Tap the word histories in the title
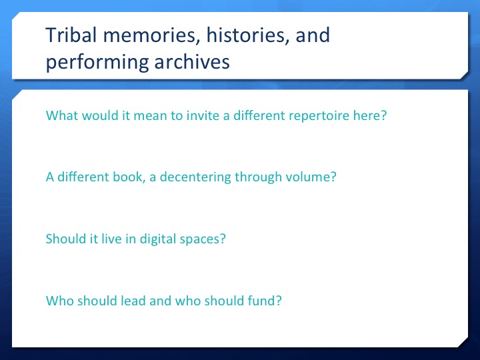pyautogui.click(x=247, y=35)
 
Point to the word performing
pyautogui.click(x=97, y=63)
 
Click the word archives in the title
pyautogui.click(x=192, y=61)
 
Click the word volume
pyautogui.click(x=307, y=177)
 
